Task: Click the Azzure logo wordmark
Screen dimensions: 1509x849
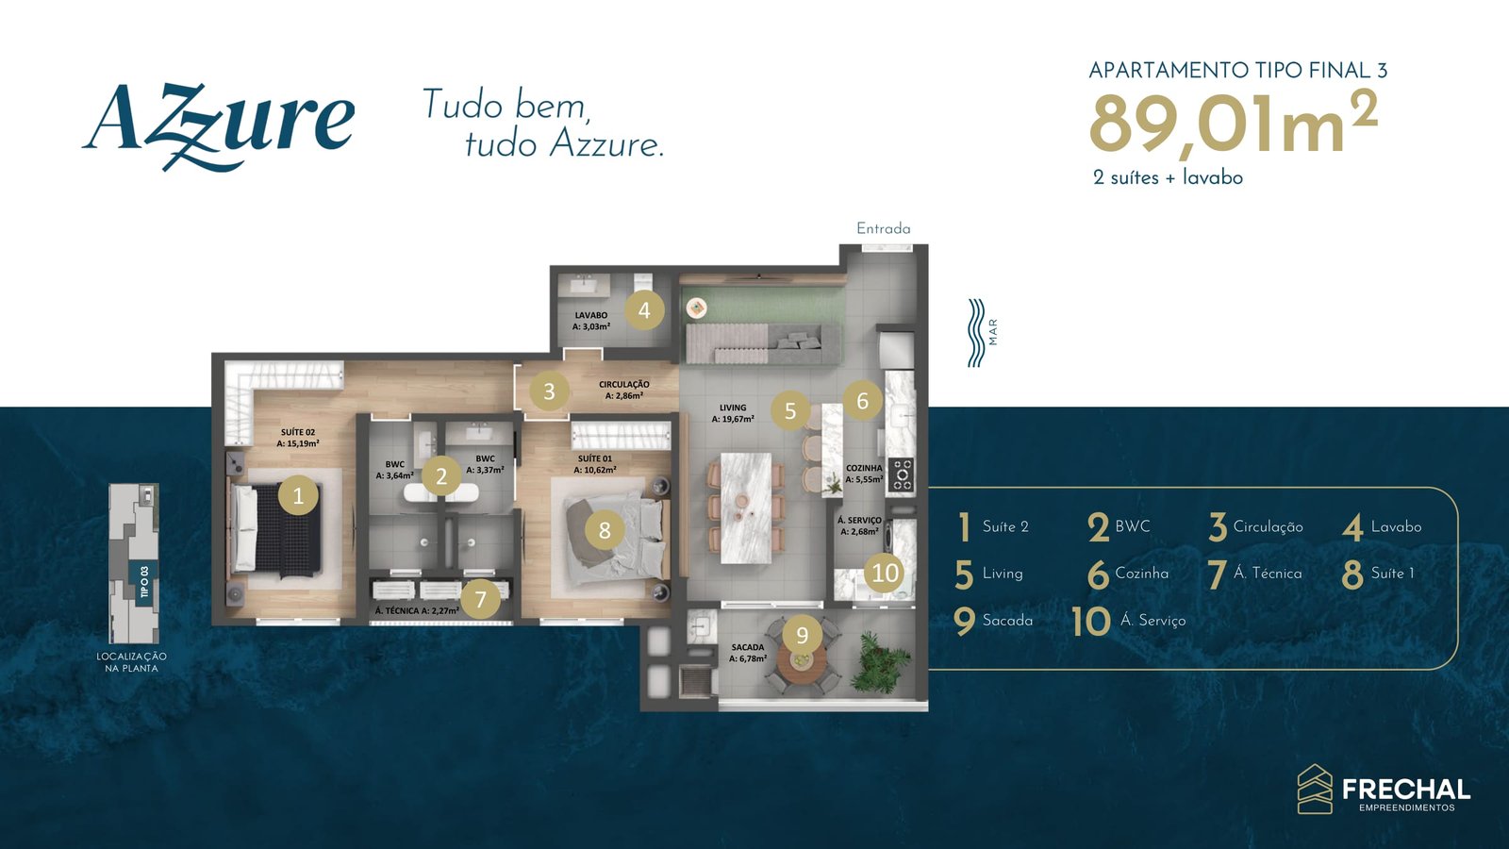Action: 219,125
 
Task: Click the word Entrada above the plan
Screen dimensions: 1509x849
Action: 883,229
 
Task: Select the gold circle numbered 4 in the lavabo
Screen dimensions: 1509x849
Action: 644,310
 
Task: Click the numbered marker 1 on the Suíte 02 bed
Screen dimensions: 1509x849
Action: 298,496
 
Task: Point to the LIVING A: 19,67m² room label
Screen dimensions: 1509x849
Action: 733,413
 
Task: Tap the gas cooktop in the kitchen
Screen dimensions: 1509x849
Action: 902,474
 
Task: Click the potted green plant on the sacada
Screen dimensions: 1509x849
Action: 879,661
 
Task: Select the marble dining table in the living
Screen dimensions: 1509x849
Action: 746,508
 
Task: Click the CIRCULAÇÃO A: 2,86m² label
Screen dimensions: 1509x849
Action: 623,391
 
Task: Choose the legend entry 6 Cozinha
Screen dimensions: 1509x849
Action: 1128,574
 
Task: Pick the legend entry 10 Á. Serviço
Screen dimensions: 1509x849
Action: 1128,621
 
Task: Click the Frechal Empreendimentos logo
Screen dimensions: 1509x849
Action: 1384,789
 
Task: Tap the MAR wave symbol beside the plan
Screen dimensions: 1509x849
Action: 976,333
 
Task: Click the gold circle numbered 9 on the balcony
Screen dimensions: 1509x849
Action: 802,635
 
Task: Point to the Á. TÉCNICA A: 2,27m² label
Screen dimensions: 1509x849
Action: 417,610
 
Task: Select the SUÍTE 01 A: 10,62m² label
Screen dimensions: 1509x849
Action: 595,464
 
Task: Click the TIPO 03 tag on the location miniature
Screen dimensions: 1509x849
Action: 143,581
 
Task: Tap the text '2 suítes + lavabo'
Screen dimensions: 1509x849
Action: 1169,178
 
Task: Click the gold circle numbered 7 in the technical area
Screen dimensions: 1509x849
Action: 480,599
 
